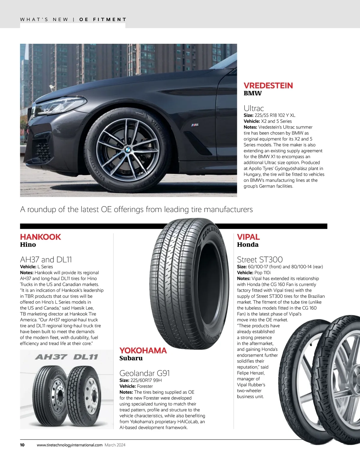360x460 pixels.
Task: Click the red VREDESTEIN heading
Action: [268, 85]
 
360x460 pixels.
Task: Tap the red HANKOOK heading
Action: [40, 237]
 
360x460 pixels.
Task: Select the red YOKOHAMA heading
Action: [143, 350]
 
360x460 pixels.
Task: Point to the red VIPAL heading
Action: [248, 237]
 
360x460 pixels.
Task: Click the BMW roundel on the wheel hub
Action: [127, 149]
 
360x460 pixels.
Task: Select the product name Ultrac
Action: [254, 108]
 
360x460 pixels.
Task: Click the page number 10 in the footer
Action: [22, 445]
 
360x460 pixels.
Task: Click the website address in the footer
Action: [70, 445]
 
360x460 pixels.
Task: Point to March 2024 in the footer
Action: [115, 445]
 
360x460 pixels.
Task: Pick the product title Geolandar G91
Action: [145, 373]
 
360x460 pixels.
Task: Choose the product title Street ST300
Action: [260, 259]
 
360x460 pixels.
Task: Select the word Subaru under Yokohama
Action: [131, 358]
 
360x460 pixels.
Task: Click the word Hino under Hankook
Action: [28, 245]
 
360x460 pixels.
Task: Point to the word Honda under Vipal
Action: [248, 245]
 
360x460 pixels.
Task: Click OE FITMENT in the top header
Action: [103, 19]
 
